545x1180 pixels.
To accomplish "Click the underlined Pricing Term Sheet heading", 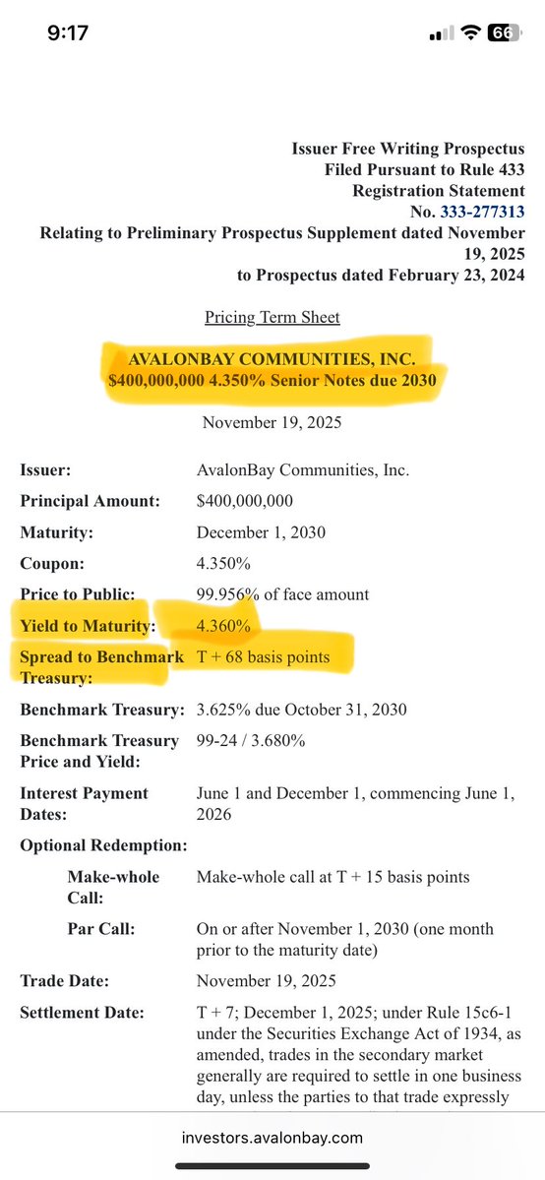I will [272, 317].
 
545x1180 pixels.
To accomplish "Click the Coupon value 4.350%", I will [223, 564].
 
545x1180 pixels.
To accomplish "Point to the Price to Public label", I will [76, 594].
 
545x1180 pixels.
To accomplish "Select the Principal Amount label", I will [90, 502].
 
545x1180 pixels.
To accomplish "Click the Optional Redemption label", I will [103, 845].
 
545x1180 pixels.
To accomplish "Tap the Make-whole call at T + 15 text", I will [333, 877].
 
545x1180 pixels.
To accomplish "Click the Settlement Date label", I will [82, 1013].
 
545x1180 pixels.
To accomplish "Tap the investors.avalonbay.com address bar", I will [272, 1138].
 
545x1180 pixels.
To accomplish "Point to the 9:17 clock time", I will [68, 32].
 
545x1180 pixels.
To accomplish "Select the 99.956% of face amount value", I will [283, 594].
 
